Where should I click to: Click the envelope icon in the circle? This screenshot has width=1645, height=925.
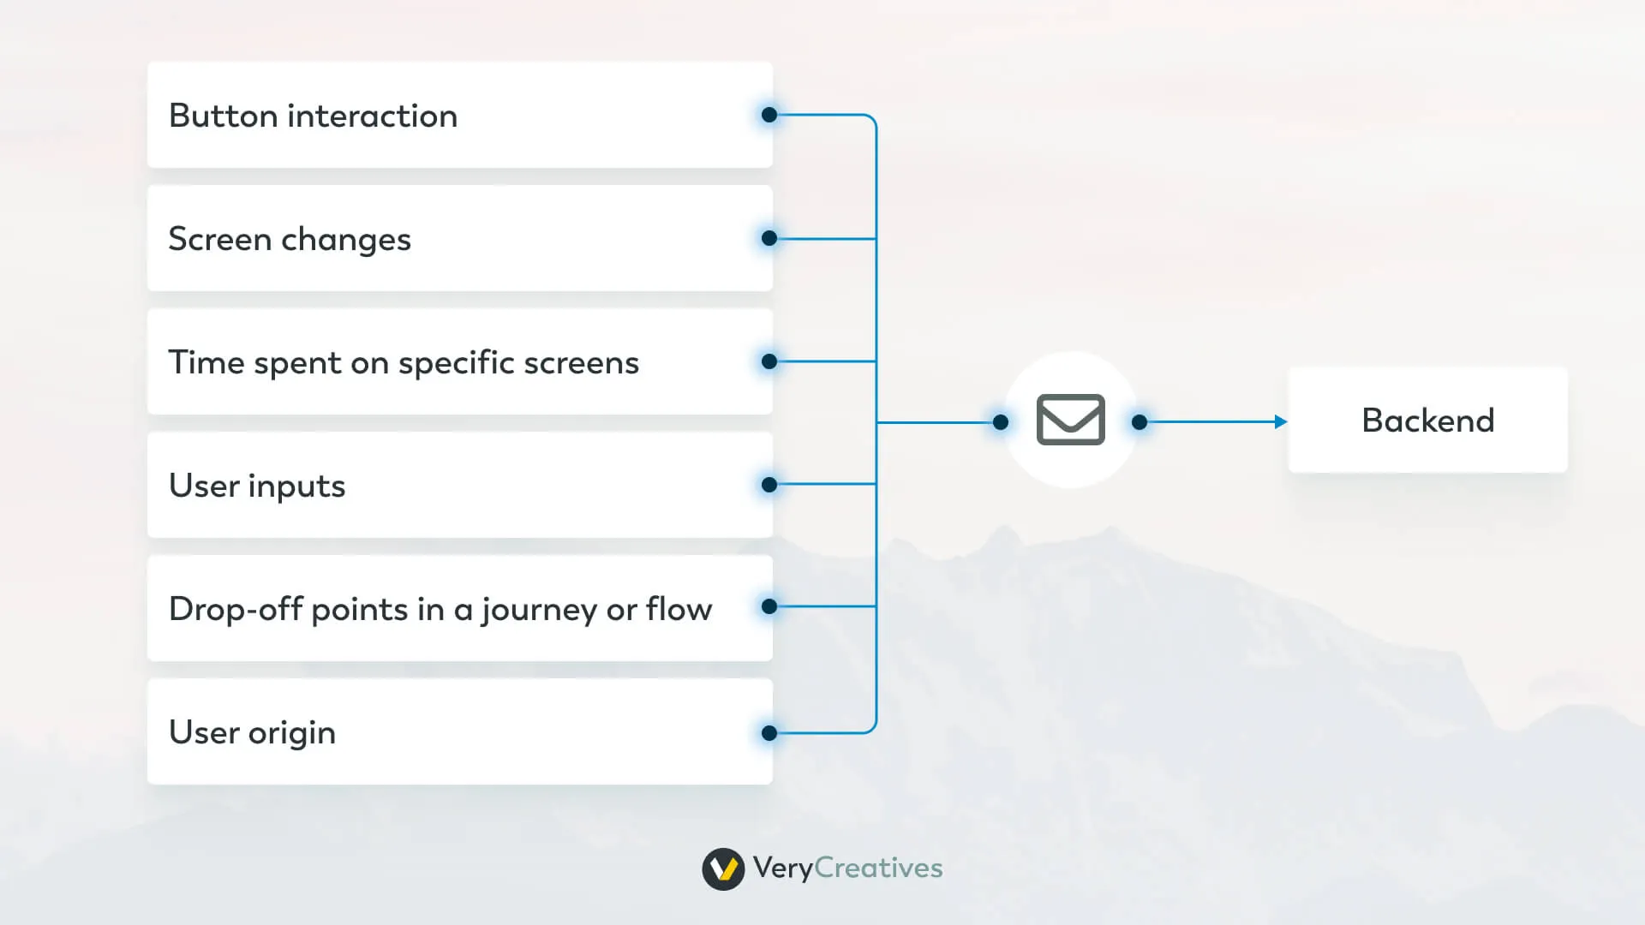tap(1070, 420)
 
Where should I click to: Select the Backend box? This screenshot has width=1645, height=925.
tap(1427, 421)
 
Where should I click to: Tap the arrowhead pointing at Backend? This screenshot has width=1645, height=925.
tap(1281, 421)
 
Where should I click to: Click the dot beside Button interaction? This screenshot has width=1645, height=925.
tap(769, 115)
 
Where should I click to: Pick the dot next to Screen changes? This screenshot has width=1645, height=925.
tap(769, 238)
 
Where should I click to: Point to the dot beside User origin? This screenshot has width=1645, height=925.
tap(769, 733)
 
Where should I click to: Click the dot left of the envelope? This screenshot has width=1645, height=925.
tap(1000, 422)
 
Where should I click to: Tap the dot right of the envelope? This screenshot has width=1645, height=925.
tap(1140, 422)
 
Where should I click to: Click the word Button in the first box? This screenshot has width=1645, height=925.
tap(223, 116)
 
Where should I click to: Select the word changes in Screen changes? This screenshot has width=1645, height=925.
tap(346, 240)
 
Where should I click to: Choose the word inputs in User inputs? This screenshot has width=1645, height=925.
tap(296, 486)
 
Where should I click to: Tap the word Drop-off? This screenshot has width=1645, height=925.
tap(236, 609)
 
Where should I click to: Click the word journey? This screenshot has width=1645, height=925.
tap(539, 611)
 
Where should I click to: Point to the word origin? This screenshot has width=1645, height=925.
tap(292, 734)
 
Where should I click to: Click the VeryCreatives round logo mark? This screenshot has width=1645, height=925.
tap(723, 869)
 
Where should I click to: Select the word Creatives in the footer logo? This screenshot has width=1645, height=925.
tap(878, 868)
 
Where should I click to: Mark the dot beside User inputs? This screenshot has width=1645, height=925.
tap(769, 485)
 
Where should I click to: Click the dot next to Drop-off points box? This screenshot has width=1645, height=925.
tap(769, 606)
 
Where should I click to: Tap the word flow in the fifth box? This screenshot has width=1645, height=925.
tap(679, 609)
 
